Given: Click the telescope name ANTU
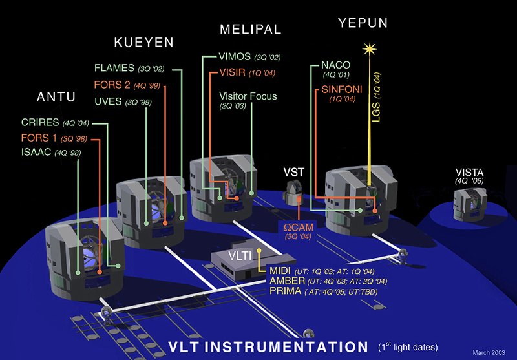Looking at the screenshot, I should (56, 98).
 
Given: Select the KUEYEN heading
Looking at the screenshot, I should (143, 43).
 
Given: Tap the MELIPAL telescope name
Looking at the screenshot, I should (250, 29).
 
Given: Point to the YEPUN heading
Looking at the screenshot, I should (364, 23).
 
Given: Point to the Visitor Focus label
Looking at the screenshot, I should (248, 96).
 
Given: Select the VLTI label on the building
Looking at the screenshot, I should (236, 257).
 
